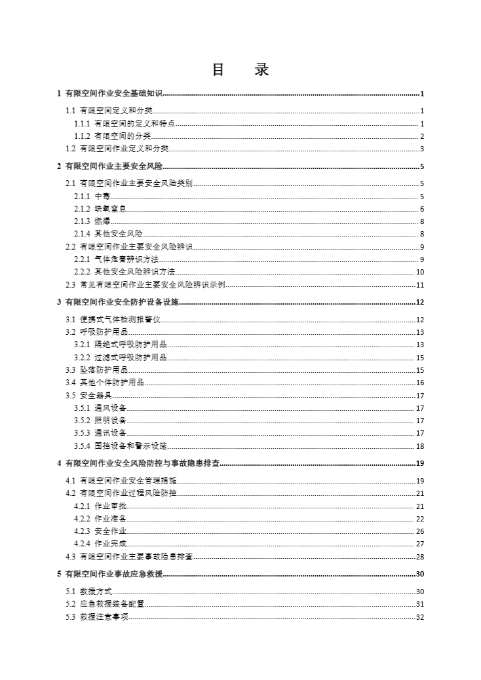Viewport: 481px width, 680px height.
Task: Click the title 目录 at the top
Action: coord(240,70)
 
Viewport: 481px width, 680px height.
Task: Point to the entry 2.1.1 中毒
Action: coord(92,197)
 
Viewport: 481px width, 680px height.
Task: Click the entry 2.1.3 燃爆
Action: coord(92,221)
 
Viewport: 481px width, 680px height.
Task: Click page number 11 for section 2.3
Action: coord(420,285)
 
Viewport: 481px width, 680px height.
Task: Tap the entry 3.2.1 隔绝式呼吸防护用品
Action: coord(121,345)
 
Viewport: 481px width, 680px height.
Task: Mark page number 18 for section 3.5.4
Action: coord(420,446)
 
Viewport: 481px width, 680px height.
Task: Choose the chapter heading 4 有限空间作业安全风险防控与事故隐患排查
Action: coord(138,464)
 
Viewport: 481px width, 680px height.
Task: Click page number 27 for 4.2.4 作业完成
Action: coord(420,544)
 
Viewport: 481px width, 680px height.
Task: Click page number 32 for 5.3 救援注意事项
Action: coord(420,617)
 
